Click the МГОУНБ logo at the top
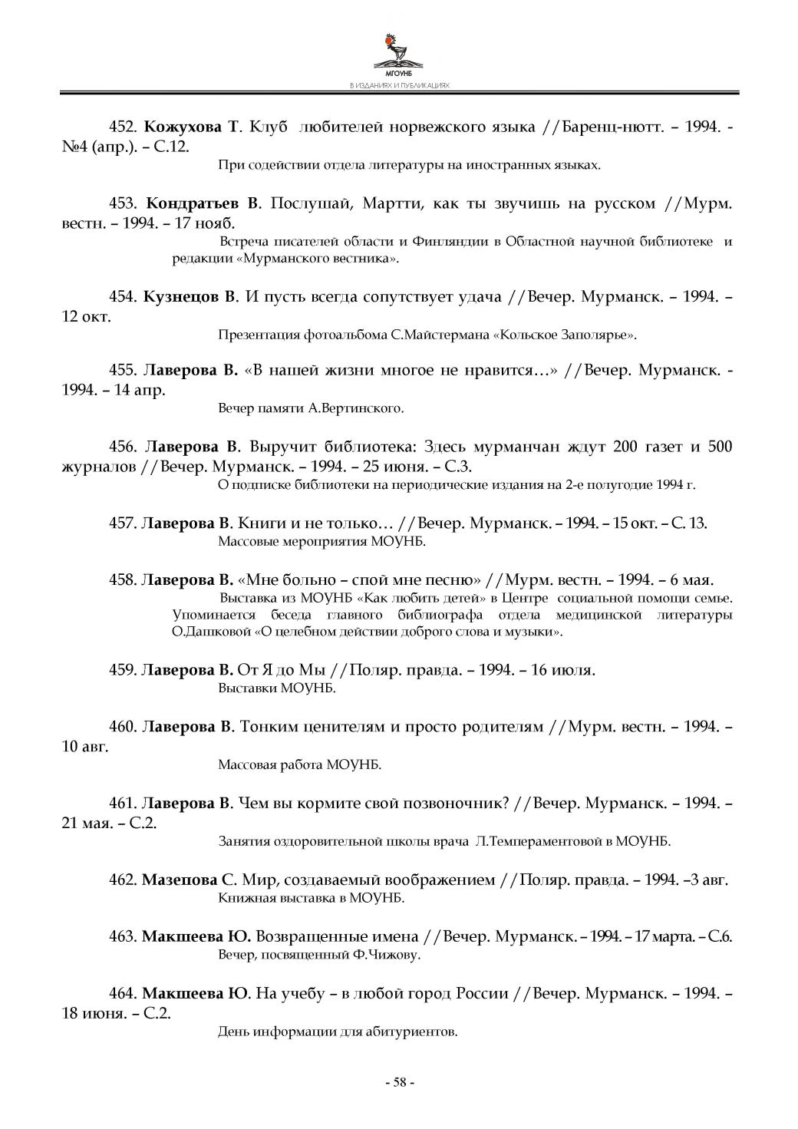pos(399,54)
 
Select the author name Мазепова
pos(181,880)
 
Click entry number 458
pos(123,579)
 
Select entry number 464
pos(123,994)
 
